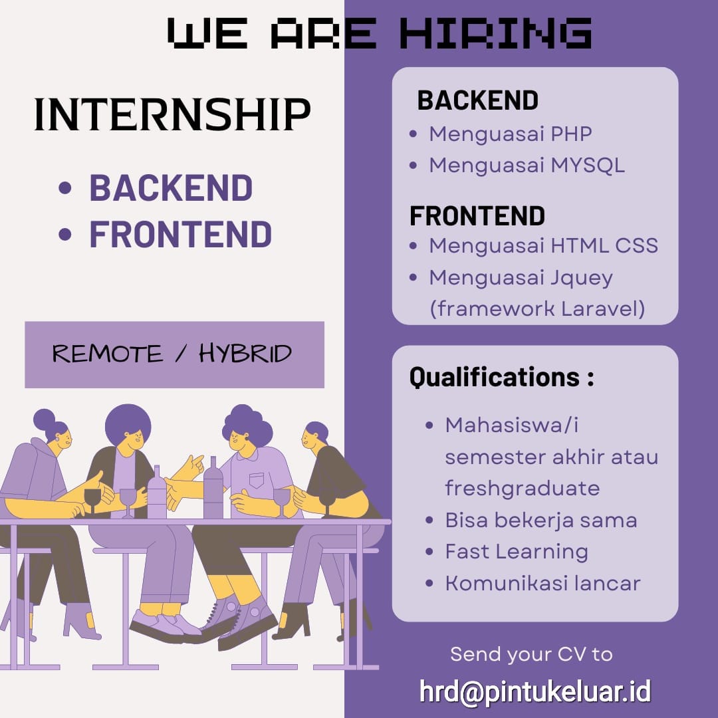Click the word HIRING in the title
[496, 33]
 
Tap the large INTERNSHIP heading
[172, 114]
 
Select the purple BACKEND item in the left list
[171, 187]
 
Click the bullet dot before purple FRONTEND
[65, 234]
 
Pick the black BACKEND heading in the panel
[477, 100]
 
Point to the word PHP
[571, 134]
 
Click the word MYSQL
[588, 166]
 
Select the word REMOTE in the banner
[107, 354]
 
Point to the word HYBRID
[245, 354]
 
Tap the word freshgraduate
[523, 488]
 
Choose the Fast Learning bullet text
[517, 552]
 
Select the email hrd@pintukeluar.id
[535, 691]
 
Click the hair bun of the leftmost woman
[44, 419]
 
